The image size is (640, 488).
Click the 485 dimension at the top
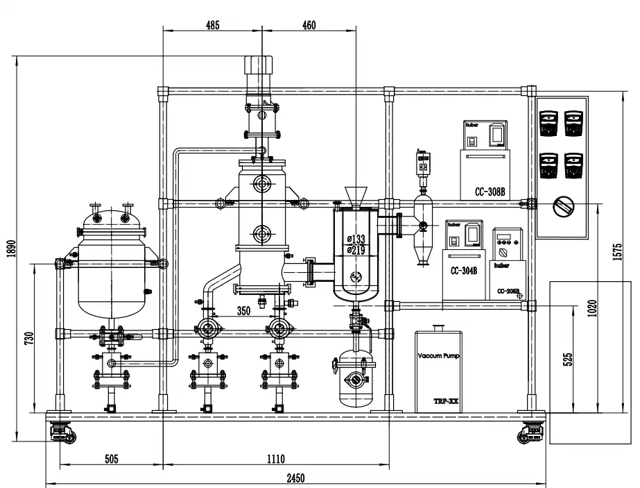(x=212, y=26)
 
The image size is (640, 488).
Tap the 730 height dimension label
(x=29, y=338)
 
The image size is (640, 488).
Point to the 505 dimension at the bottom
(x=111, y=459)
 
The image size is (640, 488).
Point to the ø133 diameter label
(x=356, y=239)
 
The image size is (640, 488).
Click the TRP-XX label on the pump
(x=444, y=401)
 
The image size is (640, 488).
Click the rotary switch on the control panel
(x=562, y=205)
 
